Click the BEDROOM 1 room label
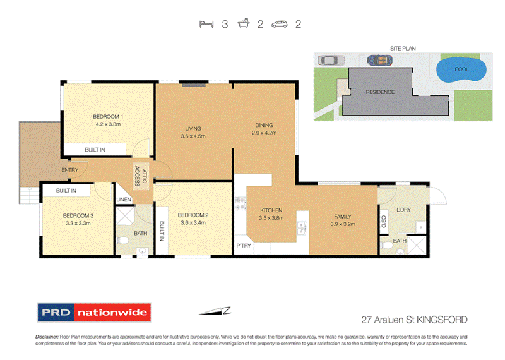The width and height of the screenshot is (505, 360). [x=108, y=116]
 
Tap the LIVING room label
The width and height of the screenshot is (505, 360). [x=193, y=128]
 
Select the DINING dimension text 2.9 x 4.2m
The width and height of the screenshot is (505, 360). [x=264, y=133]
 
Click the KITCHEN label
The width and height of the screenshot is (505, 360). [x=271, y=210]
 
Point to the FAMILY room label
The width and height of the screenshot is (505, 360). [x=343, y=216]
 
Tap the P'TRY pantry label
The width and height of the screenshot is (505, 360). [x=243, y=245]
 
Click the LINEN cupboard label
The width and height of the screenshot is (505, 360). [x=124, y=200]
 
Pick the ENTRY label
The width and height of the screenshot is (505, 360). [x=69, y=171]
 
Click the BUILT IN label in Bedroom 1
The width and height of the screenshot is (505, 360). [x=95, y=150]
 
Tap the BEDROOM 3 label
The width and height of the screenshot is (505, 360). [x=79, y=214]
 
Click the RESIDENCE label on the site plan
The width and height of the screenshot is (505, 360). [x=380, y=92]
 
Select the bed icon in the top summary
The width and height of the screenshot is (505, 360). [x=205, y=25]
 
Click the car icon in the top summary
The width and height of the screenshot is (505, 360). [x=280, y=25]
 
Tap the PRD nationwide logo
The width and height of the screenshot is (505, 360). [x=93, y=312]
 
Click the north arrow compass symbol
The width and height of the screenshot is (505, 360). [x=215, y=310]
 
